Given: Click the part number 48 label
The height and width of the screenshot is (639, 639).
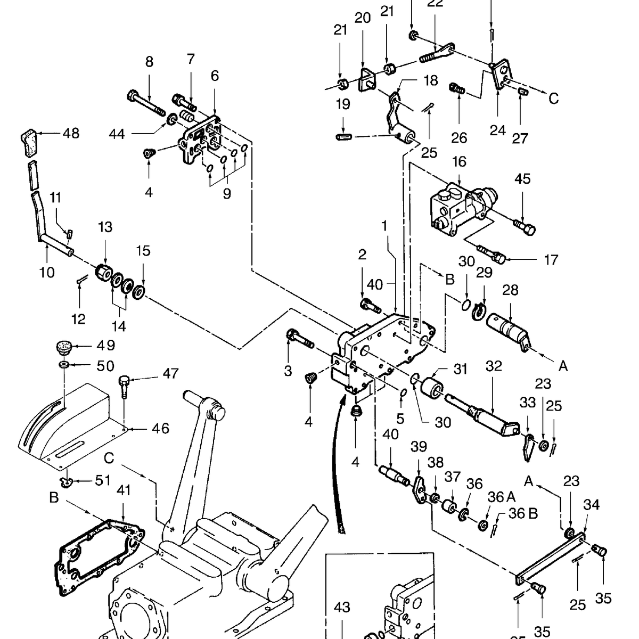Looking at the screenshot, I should pyautogui.click(x=71, y=133).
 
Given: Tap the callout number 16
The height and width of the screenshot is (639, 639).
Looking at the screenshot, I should pyautogui.click(x=459, y=162).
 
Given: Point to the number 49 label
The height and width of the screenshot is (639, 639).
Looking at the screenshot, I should pyautogui.click(x=105, y=346).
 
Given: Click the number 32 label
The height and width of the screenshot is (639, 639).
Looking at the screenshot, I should pyautogui.click(x=494, y=366).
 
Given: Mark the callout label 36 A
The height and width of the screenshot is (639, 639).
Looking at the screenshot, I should pyautogui.click(x=502, y=497).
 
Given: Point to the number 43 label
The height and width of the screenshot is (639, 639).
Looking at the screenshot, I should pyautogui.click(x=342, y=607).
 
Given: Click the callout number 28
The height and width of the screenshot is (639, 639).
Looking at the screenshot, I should pyautogui.click(x=510, y=290).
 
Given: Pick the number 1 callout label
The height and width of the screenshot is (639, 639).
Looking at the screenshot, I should pyautogui.click(x=384, y=226).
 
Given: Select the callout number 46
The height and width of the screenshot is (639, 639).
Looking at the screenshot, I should pyautogui.click(x=160, y=428).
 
